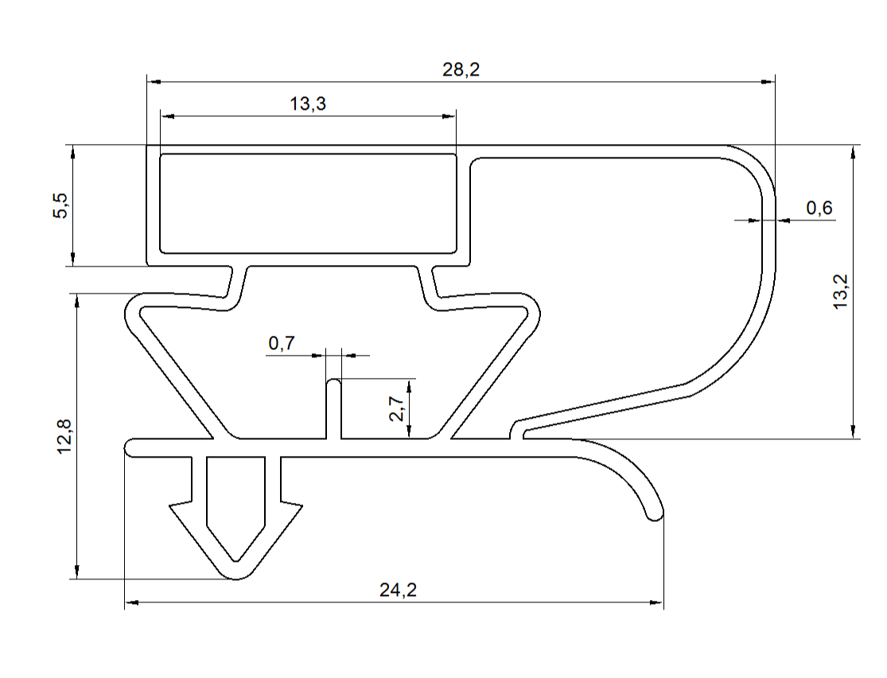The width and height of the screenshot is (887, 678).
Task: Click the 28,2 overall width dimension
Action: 461,70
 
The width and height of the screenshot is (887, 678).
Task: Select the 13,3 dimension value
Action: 308,103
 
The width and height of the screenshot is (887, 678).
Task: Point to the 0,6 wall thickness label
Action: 819,208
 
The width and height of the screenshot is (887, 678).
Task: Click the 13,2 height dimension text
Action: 842,291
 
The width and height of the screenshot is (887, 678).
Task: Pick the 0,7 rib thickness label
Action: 282,344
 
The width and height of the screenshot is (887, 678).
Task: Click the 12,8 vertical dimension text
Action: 65,436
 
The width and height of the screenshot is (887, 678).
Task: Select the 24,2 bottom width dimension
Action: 398,590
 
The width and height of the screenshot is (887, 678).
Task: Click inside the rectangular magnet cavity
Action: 308,203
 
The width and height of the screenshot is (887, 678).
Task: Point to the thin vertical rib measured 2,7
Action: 335,410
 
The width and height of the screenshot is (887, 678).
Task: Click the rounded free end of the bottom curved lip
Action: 654,514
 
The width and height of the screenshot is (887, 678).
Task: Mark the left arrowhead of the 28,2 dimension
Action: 153,81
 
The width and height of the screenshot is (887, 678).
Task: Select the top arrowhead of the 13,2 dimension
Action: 853,151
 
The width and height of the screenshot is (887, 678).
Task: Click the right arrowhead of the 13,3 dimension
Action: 451,116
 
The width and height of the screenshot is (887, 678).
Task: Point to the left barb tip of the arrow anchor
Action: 171,505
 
